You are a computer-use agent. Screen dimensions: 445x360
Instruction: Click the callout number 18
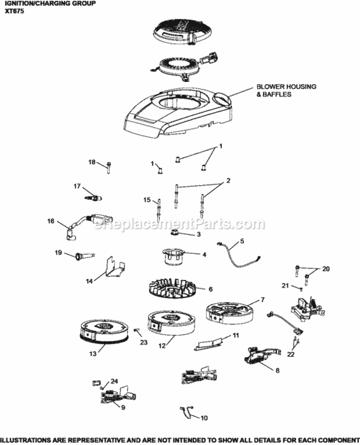coord(92,162)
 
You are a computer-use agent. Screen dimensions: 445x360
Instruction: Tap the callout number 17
coord(77,186)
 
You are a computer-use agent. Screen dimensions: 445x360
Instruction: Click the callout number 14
coord(90,281)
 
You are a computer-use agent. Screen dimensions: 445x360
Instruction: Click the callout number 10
coord(204,418)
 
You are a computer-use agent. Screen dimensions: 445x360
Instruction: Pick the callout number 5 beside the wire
coord(241,241)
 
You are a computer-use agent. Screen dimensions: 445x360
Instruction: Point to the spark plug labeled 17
coord(93,196)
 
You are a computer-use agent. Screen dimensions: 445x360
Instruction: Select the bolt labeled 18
coord(110,167)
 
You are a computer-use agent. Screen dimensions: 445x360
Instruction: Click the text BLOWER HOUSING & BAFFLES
coord(286,90)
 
